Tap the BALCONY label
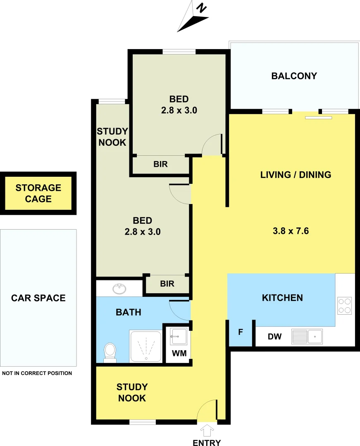pos(294,76)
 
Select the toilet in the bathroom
pos(110,352)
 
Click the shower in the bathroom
pos(145,346)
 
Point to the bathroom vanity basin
pos(120,288)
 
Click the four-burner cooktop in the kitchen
pos(344,306)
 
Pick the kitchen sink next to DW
pos(307,336)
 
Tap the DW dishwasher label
pos(274,337)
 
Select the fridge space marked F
pos(240,332)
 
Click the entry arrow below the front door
pos(207,431)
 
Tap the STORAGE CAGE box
pos(38,193)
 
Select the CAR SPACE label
pos(38,298)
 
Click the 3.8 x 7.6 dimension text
pos(291,231)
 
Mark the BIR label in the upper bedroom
pos(160,164)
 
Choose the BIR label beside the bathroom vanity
pos(167,284)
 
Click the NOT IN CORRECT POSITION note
pos(37,373)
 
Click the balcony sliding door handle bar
pos(318,118)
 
